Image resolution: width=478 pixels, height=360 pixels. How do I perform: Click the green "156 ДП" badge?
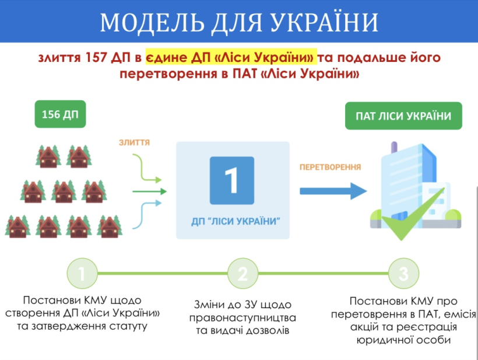point(61,114)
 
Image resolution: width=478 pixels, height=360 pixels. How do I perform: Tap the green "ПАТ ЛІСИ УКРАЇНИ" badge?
point(403,116)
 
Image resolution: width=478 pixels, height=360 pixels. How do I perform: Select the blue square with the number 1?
point(231,181)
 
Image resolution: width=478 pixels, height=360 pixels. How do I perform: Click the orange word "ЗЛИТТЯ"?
point(135,142)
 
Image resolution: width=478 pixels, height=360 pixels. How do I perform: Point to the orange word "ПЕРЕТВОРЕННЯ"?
point(330,167)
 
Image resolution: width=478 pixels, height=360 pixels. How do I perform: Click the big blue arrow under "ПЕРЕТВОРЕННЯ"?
point(333,191)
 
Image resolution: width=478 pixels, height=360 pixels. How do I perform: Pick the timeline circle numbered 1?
point(82,274)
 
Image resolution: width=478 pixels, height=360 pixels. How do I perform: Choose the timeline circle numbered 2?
point(242,274)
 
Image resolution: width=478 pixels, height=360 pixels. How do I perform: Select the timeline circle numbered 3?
point(403,274)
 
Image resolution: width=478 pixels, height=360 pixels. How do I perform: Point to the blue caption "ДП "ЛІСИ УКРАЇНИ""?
point(236,221)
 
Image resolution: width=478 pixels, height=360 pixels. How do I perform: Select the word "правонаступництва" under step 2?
point(242,318)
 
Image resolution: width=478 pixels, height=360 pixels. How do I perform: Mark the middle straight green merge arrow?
point(149,191)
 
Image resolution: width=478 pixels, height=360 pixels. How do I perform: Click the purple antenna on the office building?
point(394,147)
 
